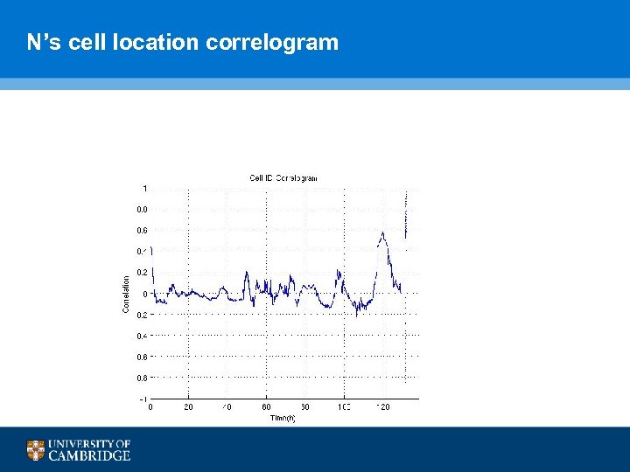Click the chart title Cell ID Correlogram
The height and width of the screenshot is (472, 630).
283,178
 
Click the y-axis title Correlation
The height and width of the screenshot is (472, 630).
126,294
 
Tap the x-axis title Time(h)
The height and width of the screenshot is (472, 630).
283,419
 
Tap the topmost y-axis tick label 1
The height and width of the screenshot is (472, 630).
144,188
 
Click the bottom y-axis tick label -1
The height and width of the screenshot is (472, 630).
143,399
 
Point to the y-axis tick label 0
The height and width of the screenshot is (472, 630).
144,294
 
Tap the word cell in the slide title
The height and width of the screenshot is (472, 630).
87,42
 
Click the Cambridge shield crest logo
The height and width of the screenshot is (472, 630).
36,450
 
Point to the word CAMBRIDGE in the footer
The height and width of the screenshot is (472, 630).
89,455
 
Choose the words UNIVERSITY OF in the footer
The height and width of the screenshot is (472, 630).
89,444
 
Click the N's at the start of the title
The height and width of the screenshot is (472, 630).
43,42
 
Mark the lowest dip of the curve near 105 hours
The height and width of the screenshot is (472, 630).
357,316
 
